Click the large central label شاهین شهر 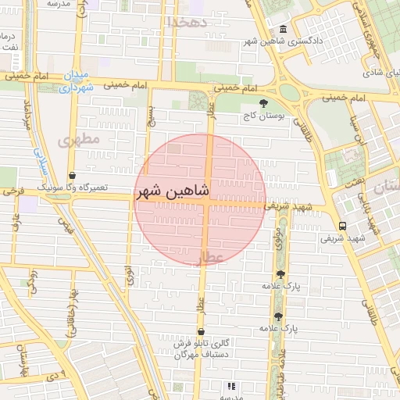(x=173, y=191)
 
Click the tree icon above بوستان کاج (x=263, y=102)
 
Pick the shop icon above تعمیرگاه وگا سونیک (x=72, y=176)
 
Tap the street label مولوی (x=278, y=236)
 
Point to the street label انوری (x=129, y=277)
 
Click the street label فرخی (x=12, y=190)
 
